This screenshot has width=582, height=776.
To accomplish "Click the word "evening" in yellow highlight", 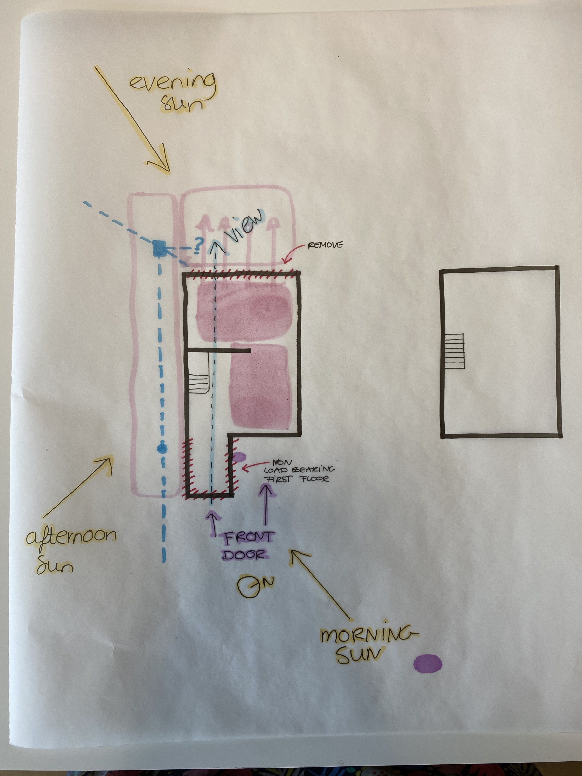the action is [172, 82].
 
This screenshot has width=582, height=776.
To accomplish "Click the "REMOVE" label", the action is [325, 245].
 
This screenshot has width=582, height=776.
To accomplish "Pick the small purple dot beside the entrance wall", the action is [239, 456].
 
